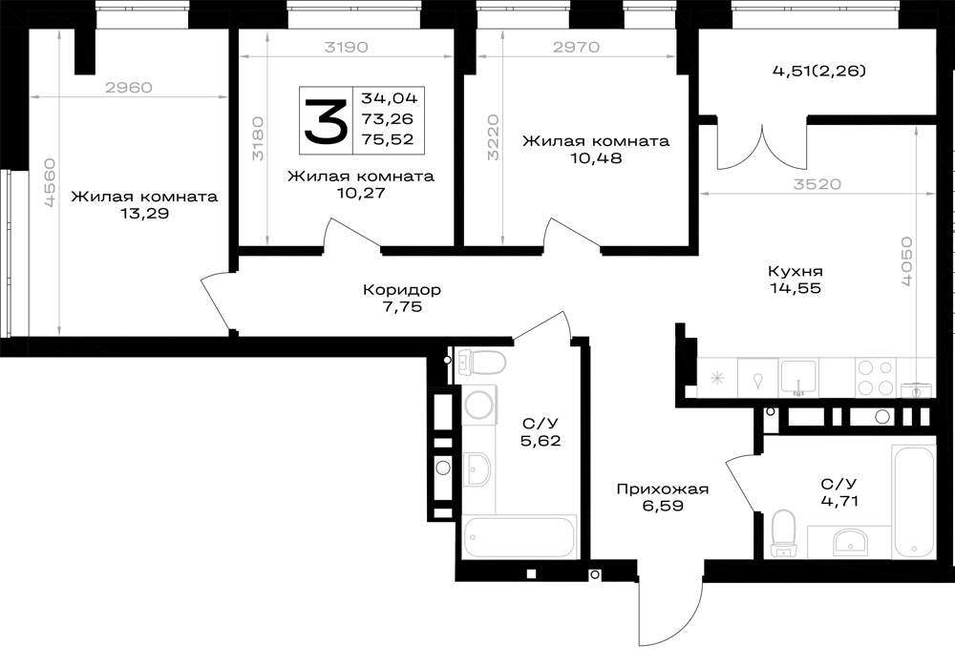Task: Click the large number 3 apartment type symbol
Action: coord(326,122)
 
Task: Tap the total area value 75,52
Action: coord(388,139)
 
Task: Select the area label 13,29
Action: coord(144,214)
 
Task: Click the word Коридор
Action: coord(401,290)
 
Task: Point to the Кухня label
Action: coord(795,271)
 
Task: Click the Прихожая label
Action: coord(663,489)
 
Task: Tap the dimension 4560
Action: coord(50,182)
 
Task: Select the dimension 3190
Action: coord(346,48)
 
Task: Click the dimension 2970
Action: coord(576,47)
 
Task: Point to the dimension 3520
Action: coord(817,184)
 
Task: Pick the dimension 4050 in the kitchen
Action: coord(907,261)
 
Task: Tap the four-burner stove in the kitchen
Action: coord(875,378)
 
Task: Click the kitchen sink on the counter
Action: coord(798,378)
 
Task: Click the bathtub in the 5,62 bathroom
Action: coord(519,536)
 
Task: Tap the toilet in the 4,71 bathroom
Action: coord(783,533)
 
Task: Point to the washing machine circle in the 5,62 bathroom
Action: coord(479,406)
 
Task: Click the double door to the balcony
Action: coord(762,146)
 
